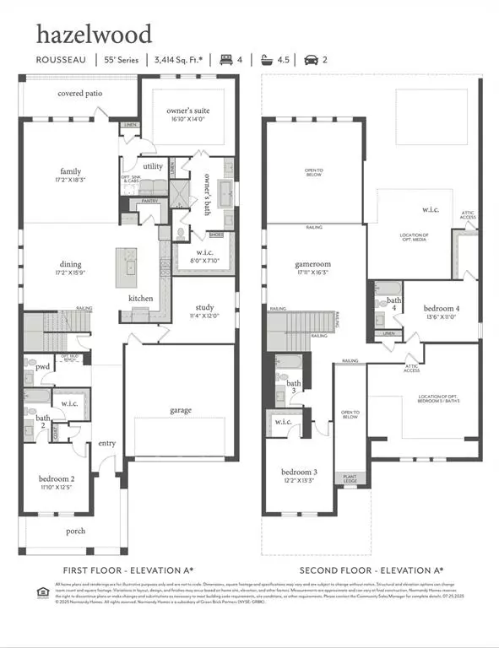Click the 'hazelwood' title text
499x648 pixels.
tap(94, 34)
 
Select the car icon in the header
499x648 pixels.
tap(311, 59)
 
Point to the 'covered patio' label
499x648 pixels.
tap(80, 93)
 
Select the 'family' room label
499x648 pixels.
tap(71, 171)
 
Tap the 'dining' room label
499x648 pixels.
tap(71, 263)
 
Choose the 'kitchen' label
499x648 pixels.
tap(140, 299)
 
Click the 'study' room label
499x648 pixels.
tap(204, 307)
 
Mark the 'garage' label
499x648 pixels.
tap(180, 410)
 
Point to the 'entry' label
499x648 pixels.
tap(107, 443)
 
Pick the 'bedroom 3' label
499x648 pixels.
tap(299, 472)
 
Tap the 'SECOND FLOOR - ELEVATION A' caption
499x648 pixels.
tap(372, 570)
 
